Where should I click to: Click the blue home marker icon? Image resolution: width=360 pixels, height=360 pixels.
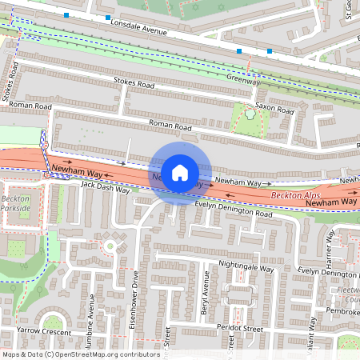click(180, 171)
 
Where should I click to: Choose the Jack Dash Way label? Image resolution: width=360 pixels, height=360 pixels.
click(105, 187)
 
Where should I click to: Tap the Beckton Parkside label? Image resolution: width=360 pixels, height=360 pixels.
click(15, 203)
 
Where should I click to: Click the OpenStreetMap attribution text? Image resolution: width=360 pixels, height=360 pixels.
click(80, 354)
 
